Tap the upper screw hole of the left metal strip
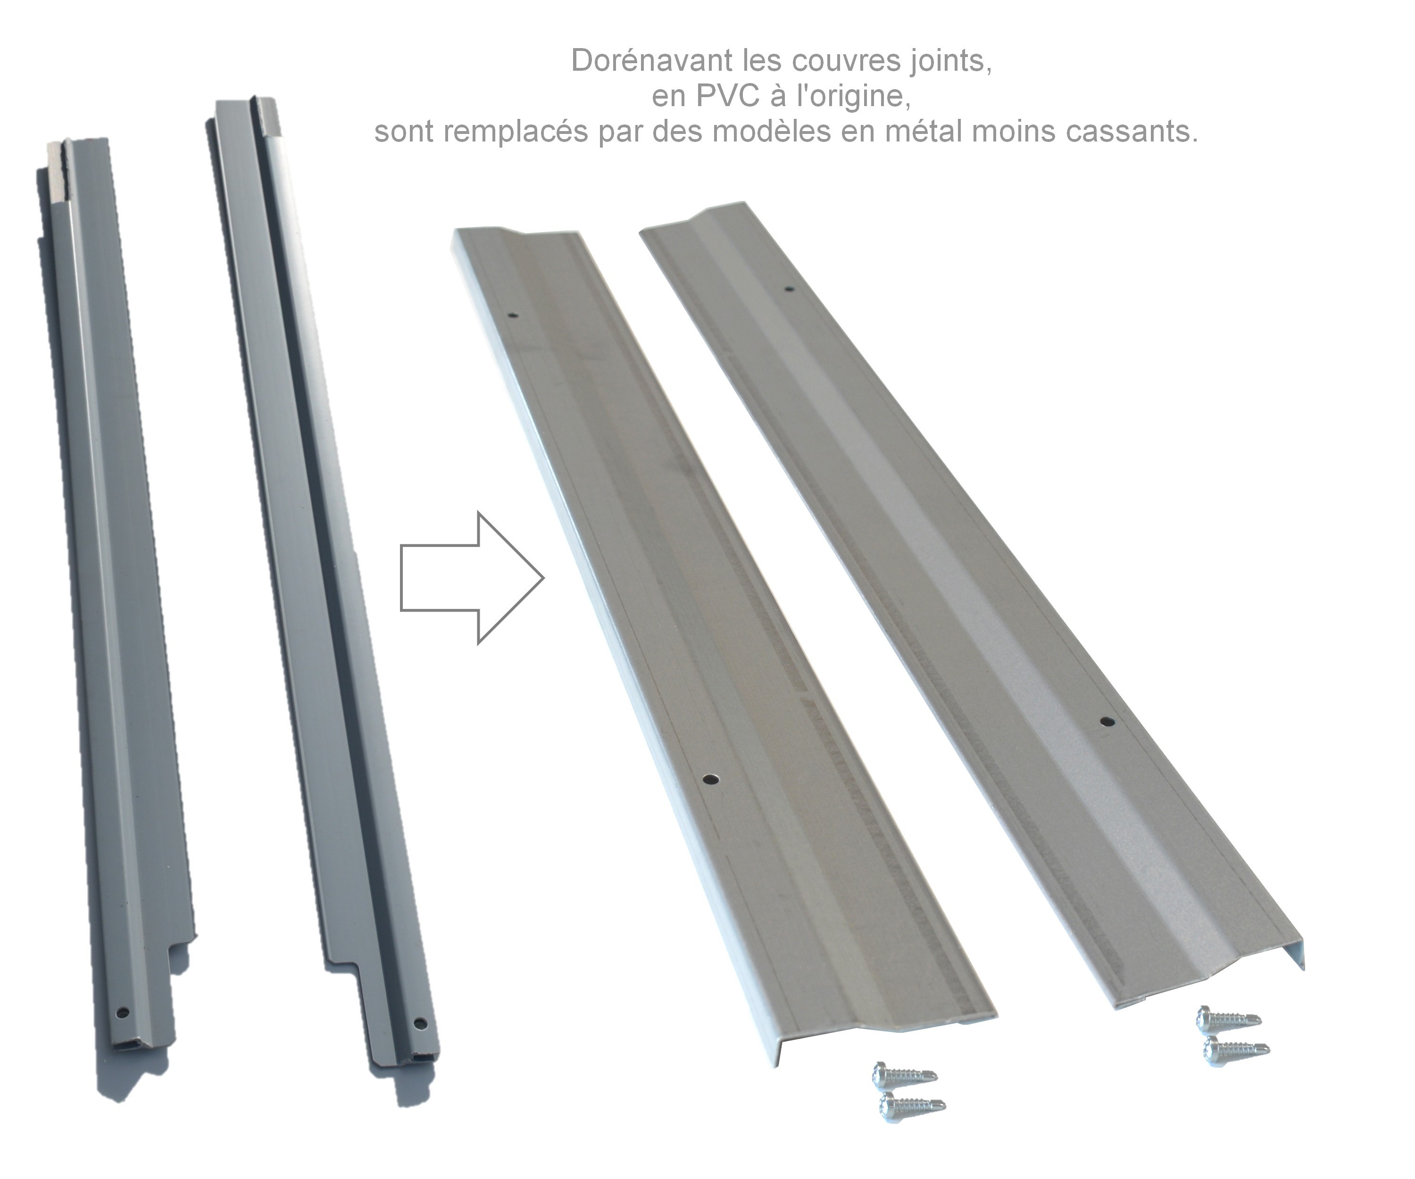click(514, 316)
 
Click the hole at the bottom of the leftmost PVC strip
click(122, 1012)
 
